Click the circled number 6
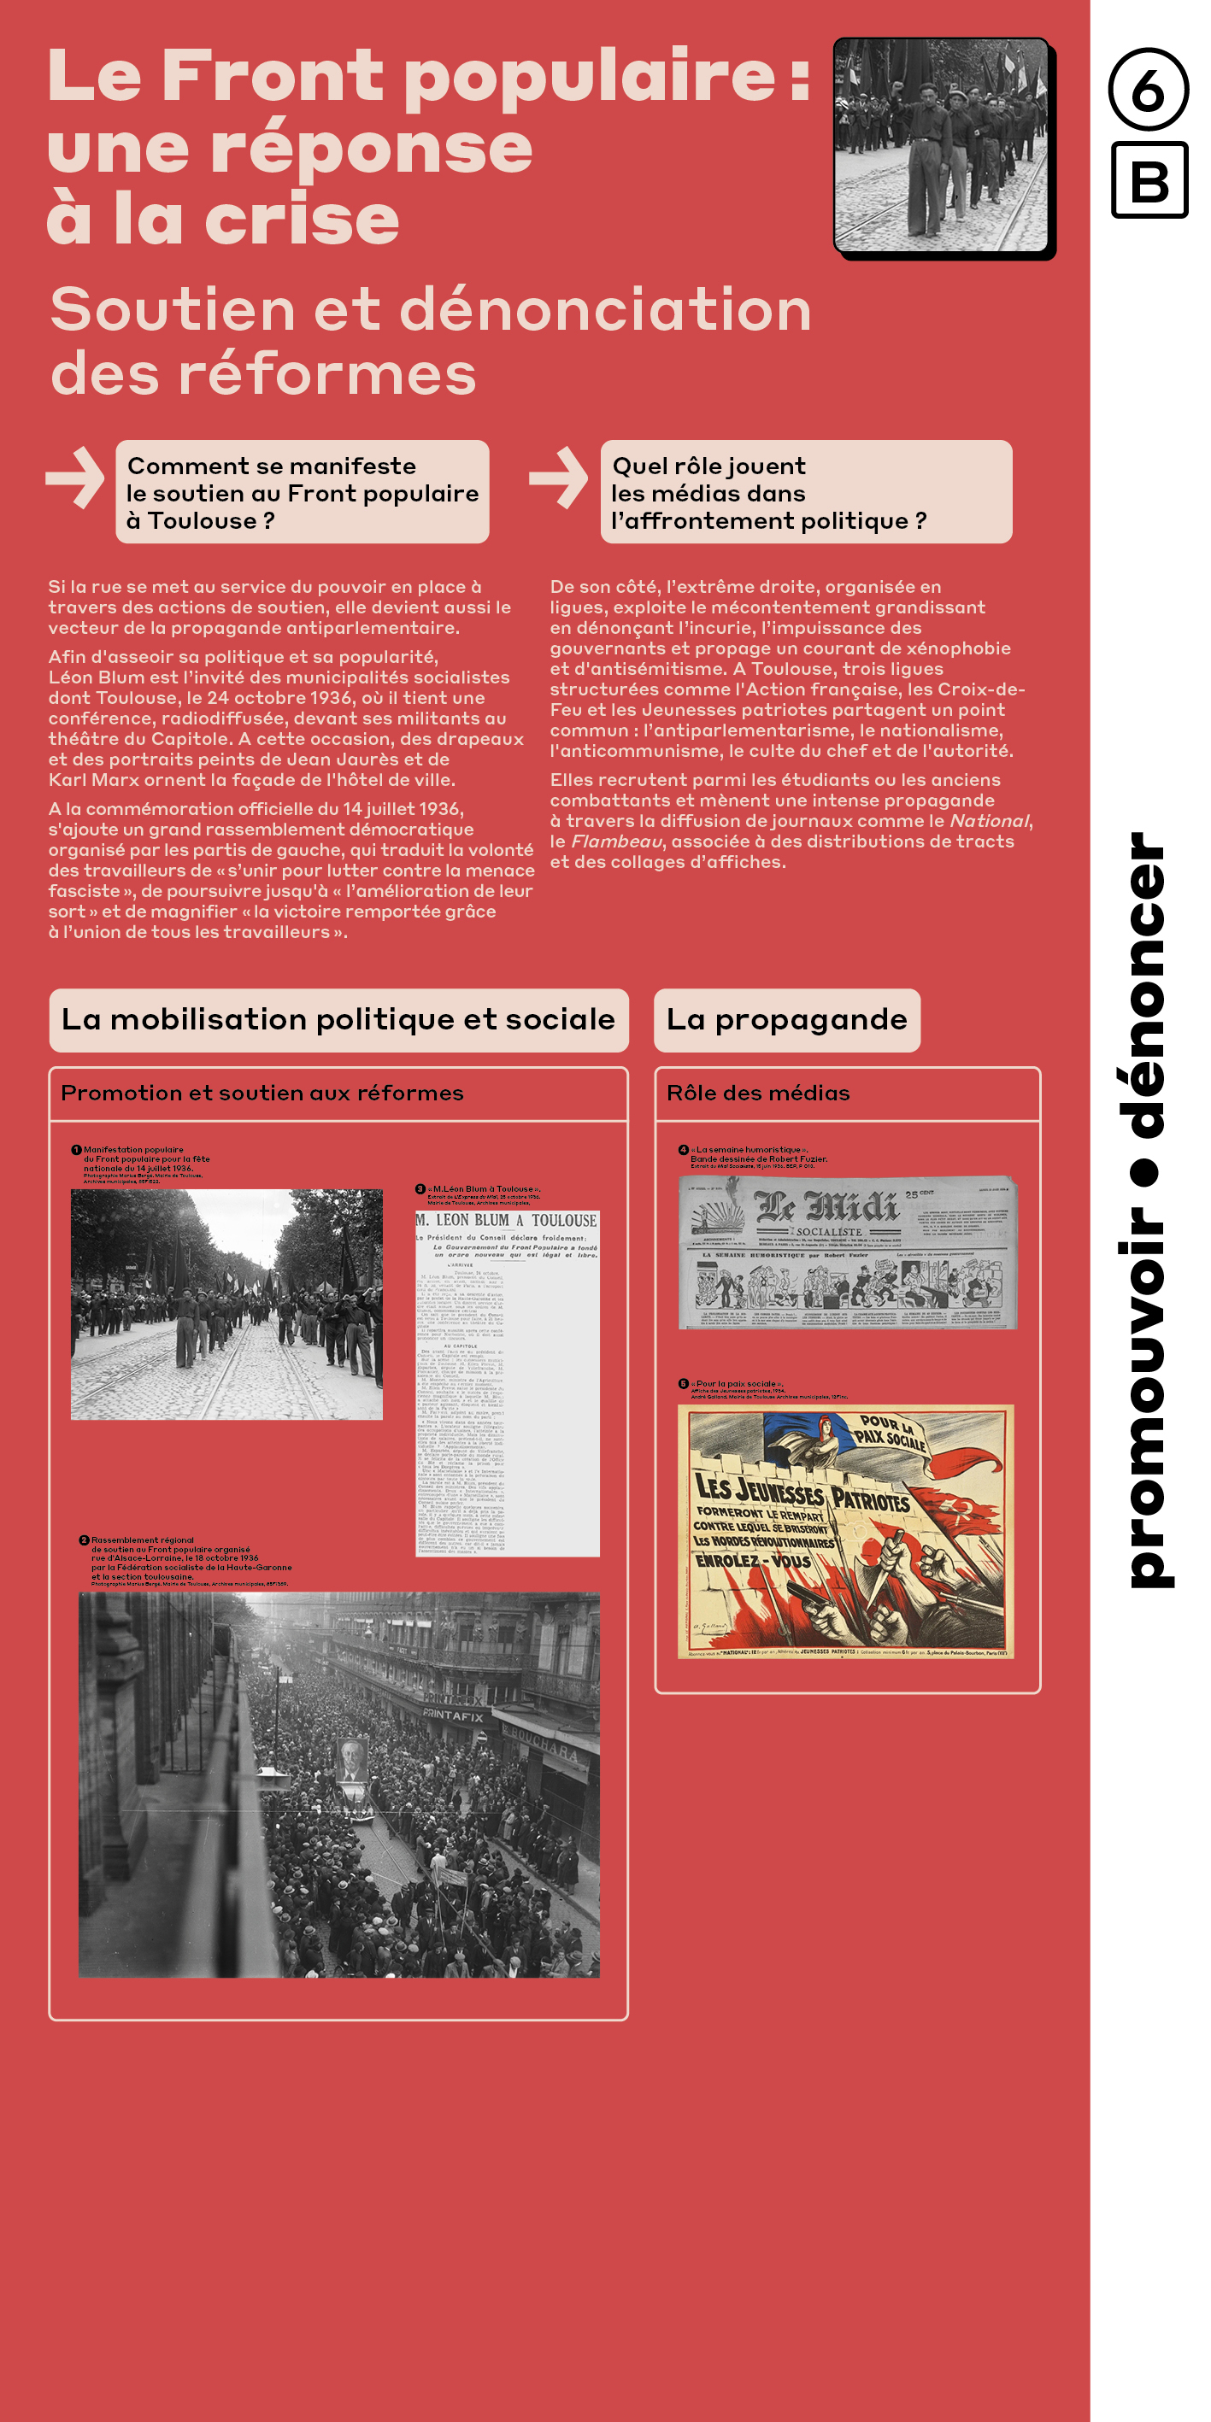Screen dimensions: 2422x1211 coord(1147,90)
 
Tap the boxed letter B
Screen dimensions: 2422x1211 coord(1149,179)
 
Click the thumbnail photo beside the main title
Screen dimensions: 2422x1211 coord(941,146)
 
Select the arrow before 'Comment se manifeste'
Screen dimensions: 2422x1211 coord(75,478)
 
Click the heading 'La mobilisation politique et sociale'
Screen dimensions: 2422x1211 coord(338,1019)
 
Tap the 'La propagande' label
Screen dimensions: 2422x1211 coord(786,1019)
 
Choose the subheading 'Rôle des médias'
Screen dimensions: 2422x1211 coord(758,1093)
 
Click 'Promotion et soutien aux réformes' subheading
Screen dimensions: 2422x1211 coord(262,1093)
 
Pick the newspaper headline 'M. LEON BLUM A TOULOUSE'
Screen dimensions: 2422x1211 coord(507,1221)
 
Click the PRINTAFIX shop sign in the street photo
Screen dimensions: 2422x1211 coord(453,1713)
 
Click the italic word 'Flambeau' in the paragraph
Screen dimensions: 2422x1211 coord(616,842)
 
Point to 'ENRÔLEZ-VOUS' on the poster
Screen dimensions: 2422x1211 coord(752,1561)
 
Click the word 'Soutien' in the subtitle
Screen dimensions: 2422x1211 coord(172,309)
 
